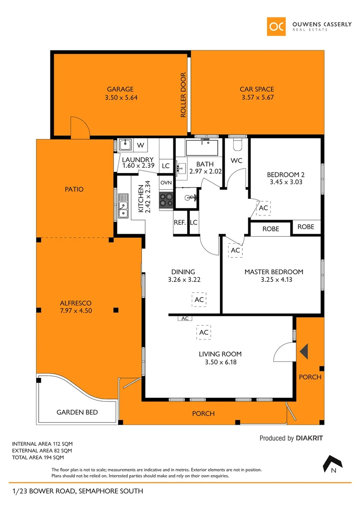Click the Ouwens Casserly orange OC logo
click(x=276, y=26)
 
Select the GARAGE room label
click(x=120, y=89)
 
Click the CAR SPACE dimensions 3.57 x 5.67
click(x=257, y=98)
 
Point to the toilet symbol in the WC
click(x=237, y=143)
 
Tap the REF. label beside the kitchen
click(x=180, y=222)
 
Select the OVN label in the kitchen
click(x=166, y=182)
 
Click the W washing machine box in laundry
click(x=140, y=145)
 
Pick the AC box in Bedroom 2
click(x=263, y=208)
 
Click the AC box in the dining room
click(x=199, y=300)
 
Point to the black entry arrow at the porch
click(x=304, y=351)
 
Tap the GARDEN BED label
click(x=77, y=412)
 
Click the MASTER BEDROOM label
click(x=274, y=272)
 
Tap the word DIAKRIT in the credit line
click(x=310, y=438)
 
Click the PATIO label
click(x=74, y=189)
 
